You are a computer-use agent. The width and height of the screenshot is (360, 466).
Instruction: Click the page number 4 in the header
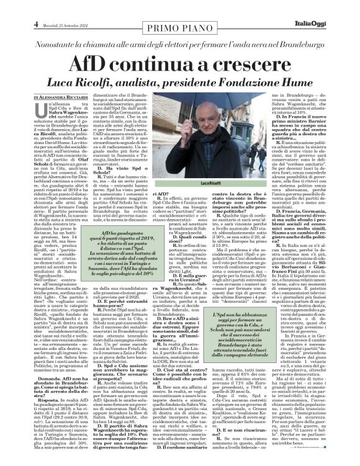[11, 7]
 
